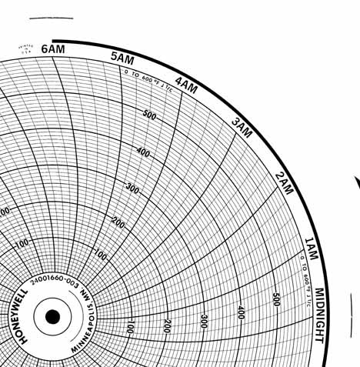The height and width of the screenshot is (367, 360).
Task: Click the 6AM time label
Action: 53,49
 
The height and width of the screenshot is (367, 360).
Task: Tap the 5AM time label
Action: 122,58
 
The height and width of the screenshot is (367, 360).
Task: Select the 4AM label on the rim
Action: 186,85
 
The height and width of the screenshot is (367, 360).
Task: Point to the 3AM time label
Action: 242,128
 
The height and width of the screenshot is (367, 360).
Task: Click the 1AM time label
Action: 311,246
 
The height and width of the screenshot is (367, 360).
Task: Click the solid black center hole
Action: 52,316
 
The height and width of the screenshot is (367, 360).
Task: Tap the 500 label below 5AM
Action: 148,116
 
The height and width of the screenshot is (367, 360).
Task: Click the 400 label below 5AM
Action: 143,152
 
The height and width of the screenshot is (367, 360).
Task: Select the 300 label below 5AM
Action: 132,188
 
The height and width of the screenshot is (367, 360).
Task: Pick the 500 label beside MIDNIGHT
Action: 276,299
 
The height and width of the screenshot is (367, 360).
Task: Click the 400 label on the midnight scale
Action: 241,312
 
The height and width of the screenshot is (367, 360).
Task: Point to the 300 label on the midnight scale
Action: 204,320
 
